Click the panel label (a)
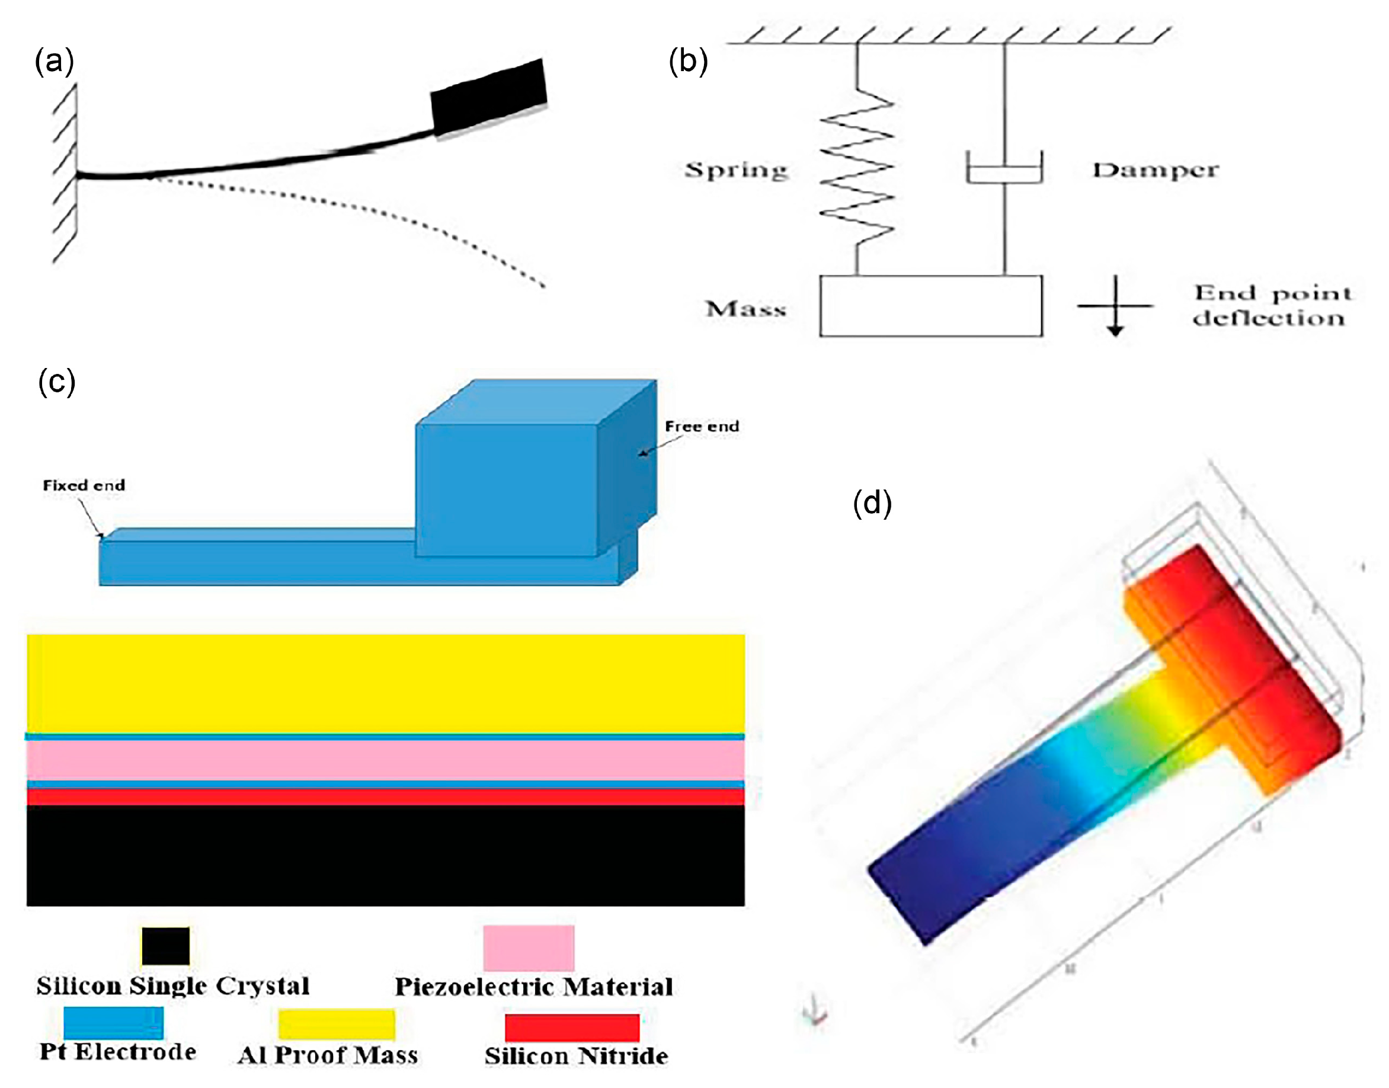pyautogui.click(x=54, y=62)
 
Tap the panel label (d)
pyautogui.click(x=872, y=503)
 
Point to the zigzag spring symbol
pyautogui.click(x=857, y=172)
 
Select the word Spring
pyautogui.click(x=736, y=170)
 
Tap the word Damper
pyautogui.click(x=1156, y=170)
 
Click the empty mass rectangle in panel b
pyautogui.click(x=930, y=306)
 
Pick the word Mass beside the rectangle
pyautogui.click(x=746, y=309)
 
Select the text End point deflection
pyautogui.click(x=1271, y=306)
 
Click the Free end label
pyautogui.click(x=702, y=426)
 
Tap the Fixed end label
pyautogui.click(x=84, y=485)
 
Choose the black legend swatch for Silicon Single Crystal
pyautogui.click(x=165, y=946)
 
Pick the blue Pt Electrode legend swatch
pyautogui.click(x=113, y=1022)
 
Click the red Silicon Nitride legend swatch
pyautogui.click(x=572, y=1028)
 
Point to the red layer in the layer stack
pyautogui.click(x=385, y=797)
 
